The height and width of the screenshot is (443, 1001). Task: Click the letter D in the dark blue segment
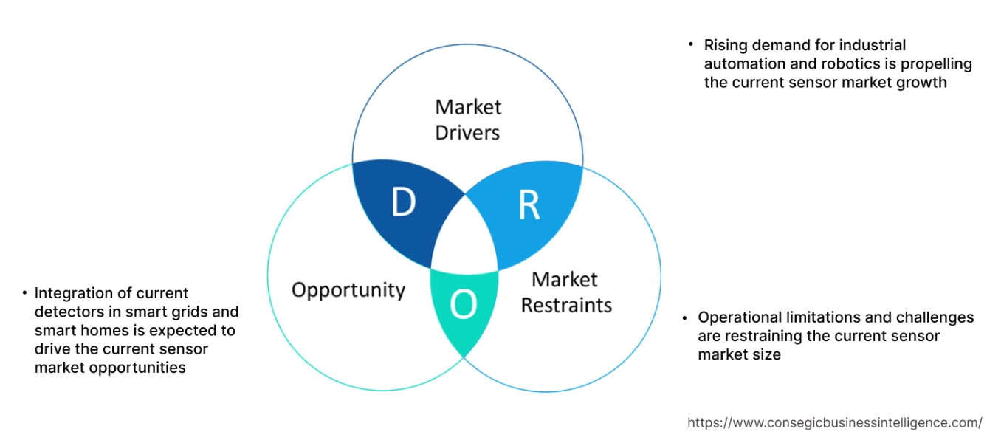[x=402, y=202]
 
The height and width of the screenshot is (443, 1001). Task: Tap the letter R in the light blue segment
[x=529, y=206]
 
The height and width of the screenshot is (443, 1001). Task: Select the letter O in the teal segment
[x=463, y=305]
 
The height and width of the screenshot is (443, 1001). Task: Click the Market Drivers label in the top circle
[x=467, y=120]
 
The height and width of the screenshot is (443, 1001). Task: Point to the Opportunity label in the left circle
[x=348, y=289]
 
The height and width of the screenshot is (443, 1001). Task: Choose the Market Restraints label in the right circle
[x=565, y=292]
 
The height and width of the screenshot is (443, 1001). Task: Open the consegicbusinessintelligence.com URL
[x=834, y=423]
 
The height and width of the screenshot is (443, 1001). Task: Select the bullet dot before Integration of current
[x=25, y=292]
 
